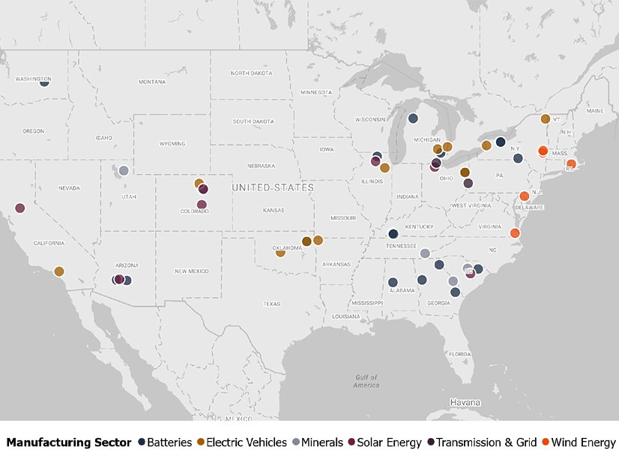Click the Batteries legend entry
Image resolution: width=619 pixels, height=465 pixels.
[x=169, y=442]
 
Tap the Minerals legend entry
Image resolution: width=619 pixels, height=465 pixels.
[x=321, y=442]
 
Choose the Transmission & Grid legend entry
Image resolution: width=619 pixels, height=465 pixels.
[x=485, y=442]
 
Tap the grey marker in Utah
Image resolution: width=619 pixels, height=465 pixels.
[x=124, y=171]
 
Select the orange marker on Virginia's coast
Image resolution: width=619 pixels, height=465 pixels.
[x=515, y=233]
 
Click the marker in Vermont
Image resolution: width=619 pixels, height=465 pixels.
[x=546, y=118]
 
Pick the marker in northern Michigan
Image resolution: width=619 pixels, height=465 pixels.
[x=413, y=118]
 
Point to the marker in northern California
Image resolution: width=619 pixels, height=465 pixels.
[x=19, y=208]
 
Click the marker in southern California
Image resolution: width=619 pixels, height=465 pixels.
[x=59, y=271]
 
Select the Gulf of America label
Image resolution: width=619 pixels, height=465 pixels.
[x=366, y=381]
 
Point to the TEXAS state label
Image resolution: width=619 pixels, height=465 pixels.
[x=271, y=304]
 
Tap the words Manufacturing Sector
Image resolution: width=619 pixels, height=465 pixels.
[x=68, y=442]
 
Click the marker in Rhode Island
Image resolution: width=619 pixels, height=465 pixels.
[x=571, y=163]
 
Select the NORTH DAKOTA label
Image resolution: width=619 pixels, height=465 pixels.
[x=252, y=73]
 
